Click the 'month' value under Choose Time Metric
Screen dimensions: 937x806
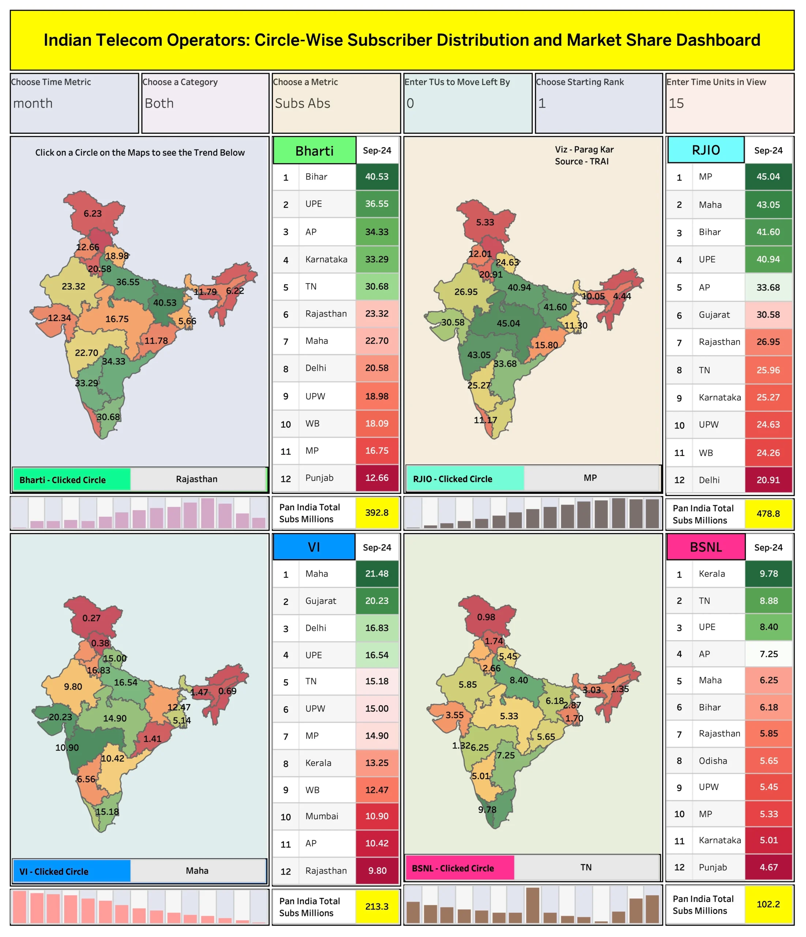click(x=33, y=104)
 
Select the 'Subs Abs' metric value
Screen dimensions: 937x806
click(x=303, y=104)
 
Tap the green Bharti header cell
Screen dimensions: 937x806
click(x=314, y=150)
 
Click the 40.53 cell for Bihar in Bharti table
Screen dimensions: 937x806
click(x=376, y=177)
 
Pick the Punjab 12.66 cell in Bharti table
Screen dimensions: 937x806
click(x=376, y=478)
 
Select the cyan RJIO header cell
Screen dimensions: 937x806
click(x=706, y=150)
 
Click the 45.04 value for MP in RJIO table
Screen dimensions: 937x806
click(x=768, y=177)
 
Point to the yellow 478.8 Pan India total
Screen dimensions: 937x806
click(x=768, y=514)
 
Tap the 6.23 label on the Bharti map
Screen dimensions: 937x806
click(x=93, y=213)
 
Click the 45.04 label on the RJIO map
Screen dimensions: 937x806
click(x=508, y=323)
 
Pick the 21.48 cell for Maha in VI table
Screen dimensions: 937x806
click(x=376, y=574)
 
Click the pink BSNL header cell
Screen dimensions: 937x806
click(x=706, y=547)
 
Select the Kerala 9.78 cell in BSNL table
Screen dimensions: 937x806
click(x=768, y=574)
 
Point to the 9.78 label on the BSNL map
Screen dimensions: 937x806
click(x=487, y=810)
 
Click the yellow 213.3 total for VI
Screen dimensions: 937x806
click(x=376, y=906)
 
